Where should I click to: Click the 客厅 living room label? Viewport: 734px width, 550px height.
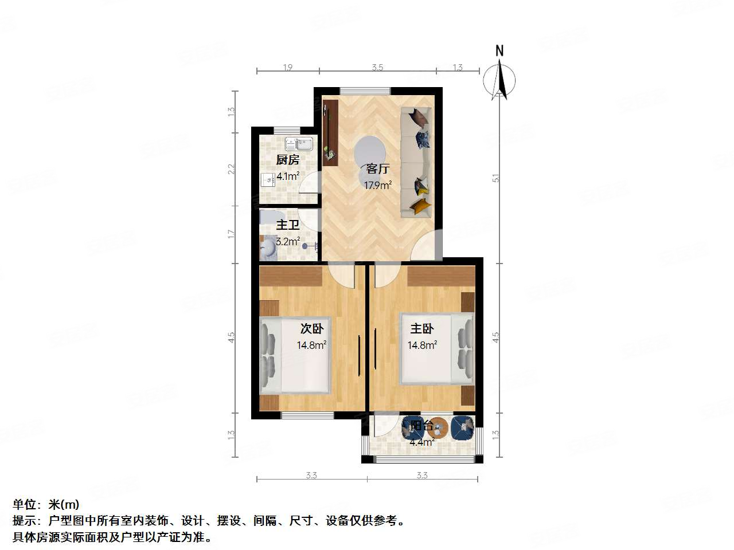click(x=378, y=169)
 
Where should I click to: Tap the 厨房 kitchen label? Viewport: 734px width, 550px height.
click(x=288, y=160)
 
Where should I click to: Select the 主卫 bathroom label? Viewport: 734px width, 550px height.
click(x=287, y=226)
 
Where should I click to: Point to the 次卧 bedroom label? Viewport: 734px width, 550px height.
click(x=312, y=329)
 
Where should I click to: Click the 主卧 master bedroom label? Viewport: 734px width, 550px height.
click(x=422, y=329)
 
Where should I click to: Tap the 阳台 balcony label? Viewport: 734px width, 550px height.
click(x=422, y=426)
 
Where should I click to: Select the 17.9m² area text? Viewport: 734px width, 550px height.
click(x=378, y=185)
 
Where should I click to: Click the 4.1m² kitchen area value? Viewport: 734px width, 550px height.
click(x=288, y=176)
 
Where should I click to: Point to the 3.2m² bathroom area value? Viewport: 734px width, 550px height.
click(x=287, y=242)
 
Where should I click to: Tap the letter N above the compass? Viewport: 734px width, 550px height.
click(x=499, y=51)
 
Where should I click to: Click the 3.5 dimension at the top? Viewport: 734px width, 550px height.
click(x=377, y=68)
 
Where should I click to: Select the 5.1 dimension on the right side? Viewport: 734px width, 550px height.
click(x=497, y=178)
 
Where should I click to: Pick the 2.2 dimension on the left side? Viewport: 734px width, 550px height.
click(x=232, y=169)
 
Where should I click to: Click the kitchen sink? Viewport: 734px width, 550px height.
click(x=299, y=143)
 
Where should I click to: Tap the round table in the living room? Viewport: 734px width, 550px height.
click(x=370, y=151)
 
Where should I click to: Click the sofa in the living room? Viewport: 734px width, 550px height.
click(x=416, y=162)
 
